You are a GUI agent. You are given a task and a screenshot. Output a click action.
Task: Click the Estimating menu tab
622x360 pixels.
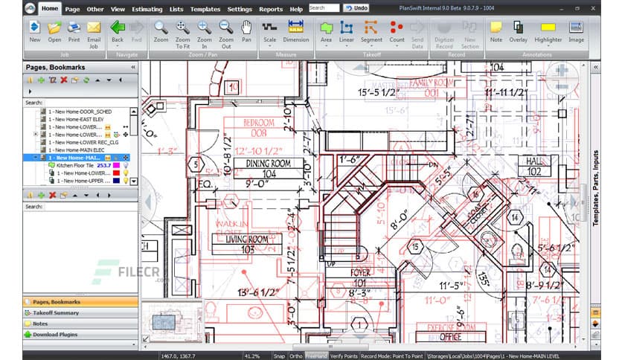point(147,9)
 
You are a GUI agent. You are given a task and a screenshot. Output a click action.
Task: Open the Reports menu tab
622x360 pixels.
point(271,9)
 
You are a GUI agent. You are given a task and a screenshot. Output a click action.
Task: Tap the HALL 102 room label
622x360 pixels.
point(533,165)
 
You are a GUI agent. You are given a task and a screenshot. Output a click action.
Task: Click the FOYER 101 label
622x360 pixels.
point(360,277)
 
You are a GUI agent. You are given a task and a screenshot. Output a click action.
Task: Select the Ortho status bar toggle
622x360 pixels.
point(296,356)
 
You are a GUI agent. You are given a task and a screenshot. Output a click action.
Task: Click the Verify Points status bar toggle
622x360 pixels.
point(344,356)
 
